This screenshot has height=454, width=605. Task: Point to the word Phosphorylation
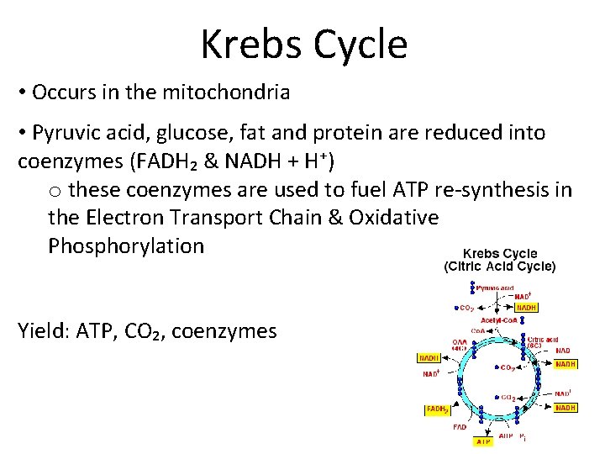(x=126, y=246)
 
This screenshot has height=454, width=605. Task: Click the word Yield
(x=42, y=331)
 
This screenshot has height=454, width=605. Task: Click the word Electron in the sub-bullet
(x=125, y=217)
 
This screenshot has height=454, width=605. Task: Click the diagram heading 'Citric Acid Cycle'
(x=499, y=267)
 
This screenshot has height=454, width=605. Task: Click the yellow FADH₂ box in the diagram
(x=437, y=409)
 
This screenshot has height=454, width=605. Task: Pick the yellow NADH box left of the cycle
(x=430, y=358)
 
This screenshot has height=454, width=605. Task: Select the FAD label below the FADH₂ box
(x=460, y=427)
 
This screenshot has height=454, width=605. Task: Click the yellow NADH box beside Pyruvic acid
(x=526, y=307)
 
